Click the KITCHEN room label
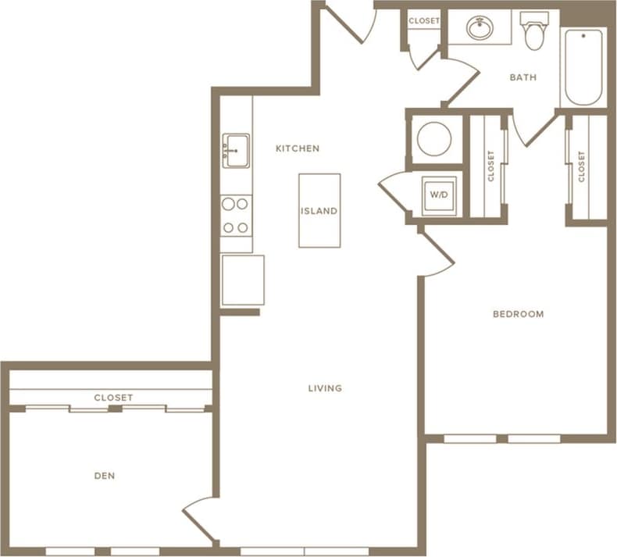tap(298, 148)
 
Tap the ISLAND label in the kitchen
tap(319, 211)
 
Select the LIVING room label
tap(325, 388)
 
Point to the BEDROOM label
tap(518, 314)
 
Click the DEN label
tap(105, 476)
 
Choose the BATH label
tap(522, 77)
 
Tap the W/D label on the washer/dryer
tap(436, 195)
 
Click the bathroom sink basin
tap(480, 29)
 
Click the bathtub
tap(583, 68)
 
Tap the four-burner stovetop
tap(235, 216)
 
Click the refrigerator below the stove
tap(242, 280)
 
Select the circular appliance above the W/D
tap(434, 140)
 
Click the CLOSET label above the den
tap(113, 398)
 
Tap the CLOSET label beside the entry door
tap(424, 21)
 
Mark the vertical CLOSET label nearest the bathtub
tap(581, 166)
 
